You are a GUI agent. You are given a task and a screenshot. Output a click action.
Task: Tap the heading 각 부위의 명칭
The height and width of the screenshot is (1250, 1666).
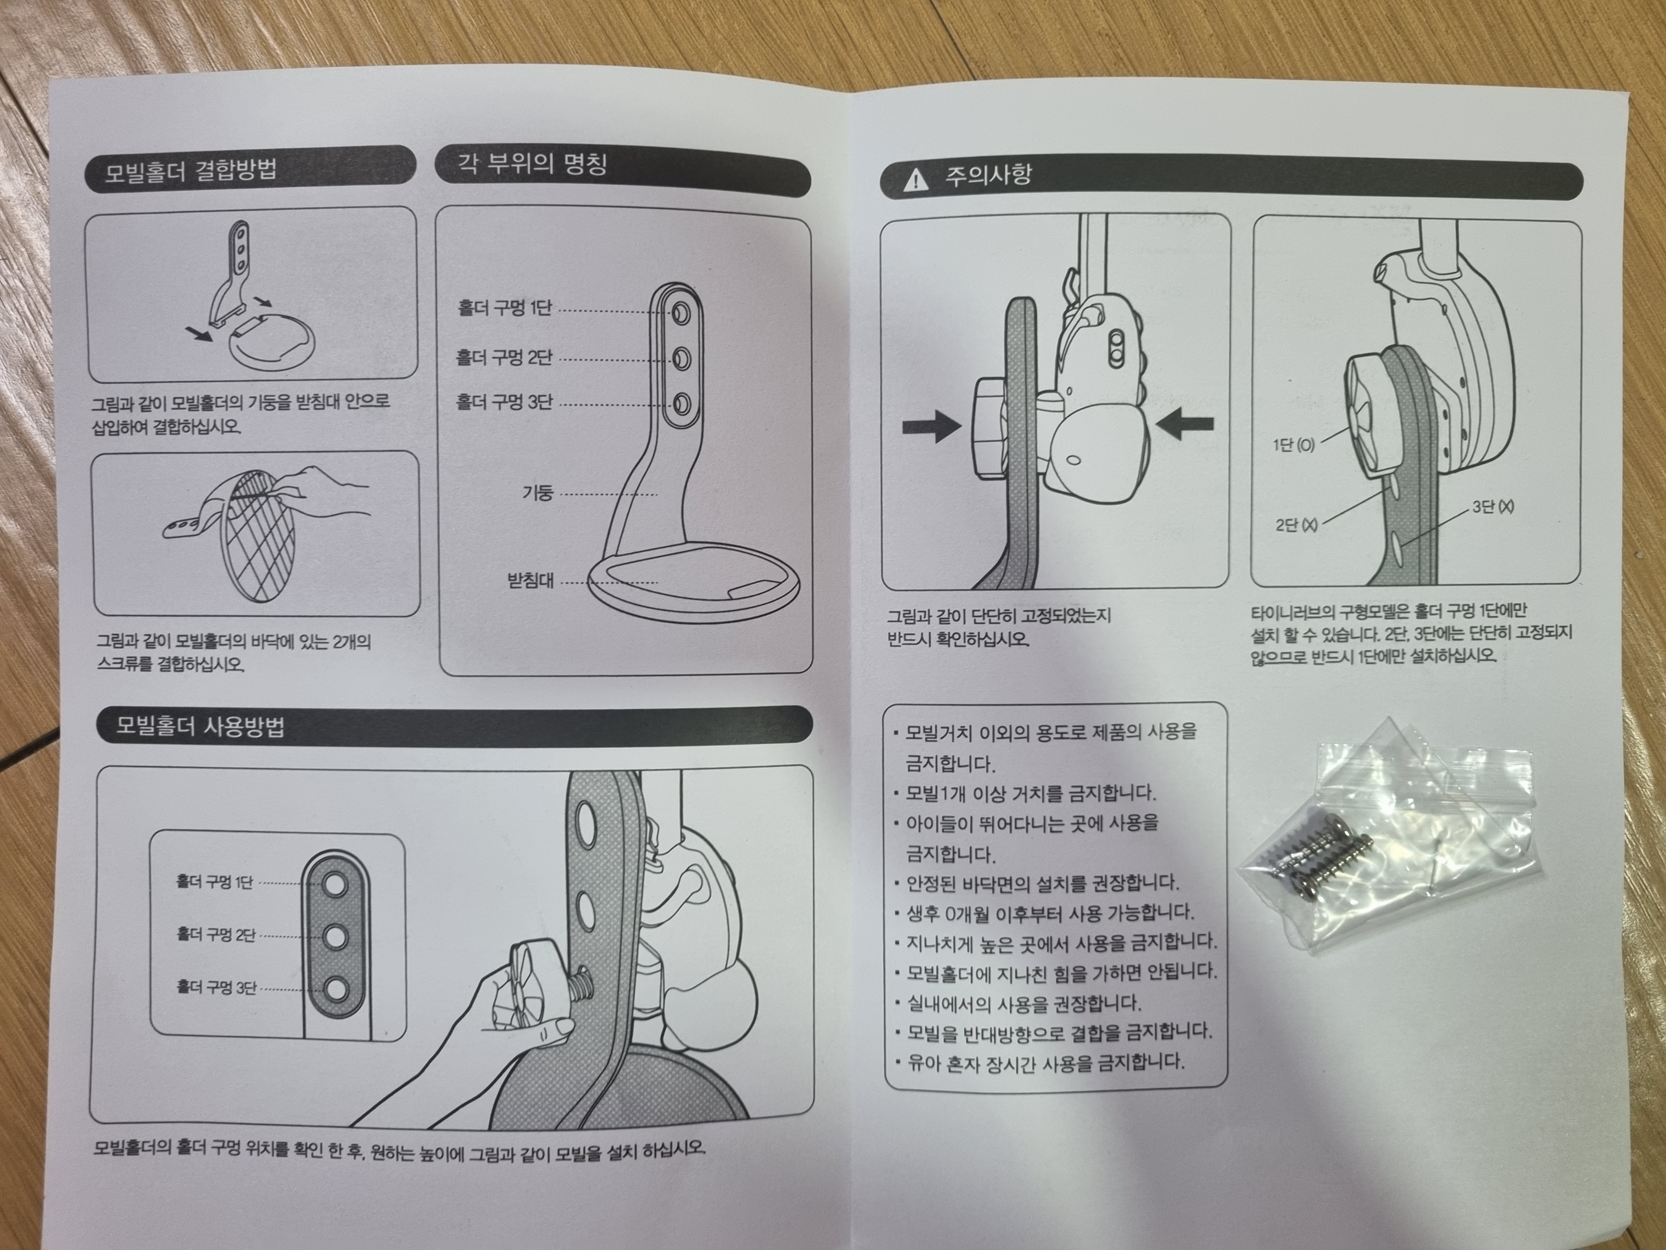click(x=533, y=163)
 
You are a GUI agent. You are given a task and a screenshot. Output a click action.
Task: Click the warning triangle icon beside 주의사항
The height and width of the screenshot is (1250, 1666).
click(x=915, y=180)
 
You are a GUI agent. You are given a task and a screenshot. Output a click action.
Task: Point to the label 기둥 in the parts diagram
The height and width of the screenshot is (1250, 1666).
click(x=538, y=493)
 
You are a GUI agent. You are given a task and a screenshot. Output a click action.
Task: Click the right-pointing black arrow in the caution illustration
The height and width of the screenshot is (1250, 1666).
click(x=932, y=427)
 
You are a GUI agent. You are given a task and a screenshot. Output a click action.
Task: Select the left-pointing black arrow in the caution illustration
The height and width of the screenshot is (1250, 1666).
click(x=1185, y=424)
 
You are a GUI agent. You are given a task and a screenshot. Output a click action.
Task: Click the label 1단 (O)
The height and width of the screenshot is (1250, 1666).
click(x=1294, y=444)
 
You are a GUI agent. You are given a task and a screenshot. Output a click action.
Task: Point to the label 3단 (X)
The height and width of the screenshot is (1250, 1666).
click(x=1493, y=507)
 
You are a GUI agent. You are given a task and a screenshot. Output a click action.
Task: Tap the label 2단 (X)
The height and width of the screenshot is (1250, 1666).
click(x=1296, y=525)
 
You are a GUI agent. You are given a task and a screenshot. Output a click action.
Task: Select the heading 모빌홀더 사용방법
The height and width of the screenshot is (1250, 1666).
click(x=200, y=726)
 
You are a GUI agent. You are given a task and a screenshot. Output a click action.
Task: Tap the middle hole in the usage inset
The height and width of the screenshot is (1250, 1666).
click(x=334, y=937)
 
